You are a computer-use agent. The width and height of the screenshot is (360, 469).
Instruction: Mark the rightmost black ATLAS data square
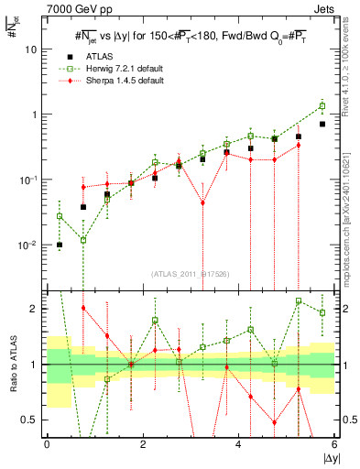coord(322,124)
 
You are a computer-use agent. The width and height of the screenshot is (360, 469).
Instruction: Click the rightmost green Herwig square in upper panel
coord(322,106)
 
